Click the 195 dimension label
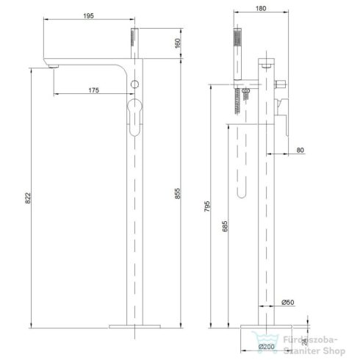click(x=88, y=16)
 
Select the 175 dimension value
click(x=94, y=90)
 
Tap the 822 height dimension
click(x=29, y=198)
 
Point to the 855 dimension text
click(x=177, y=193)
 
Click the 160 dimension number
click(x=178, y=43)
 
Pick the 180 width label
click(x=261, y=9)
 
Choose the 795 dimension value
click(x=207, y=206)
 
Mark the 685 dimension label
click(x=225, y=226)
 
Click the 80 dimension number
click(x=300, y=150)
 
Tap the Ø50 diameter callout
click(x=288, y=303)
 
